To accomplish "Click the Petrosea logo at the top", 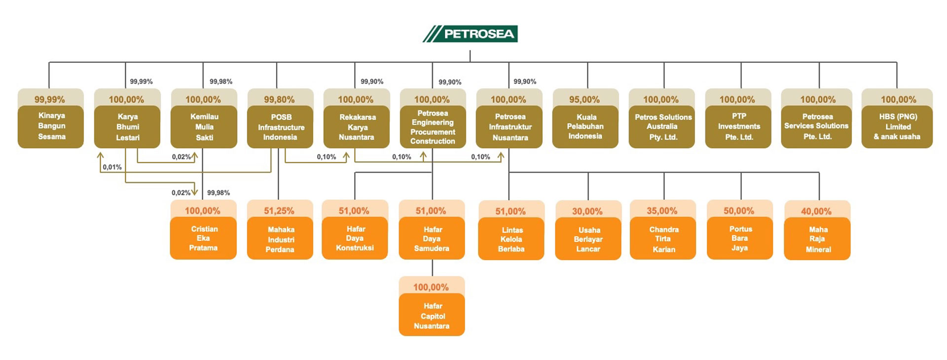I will (470, 34).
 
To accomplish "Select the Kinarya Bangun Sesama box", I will (51, 126).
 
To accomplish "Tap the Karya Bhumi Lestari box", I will (127, 127).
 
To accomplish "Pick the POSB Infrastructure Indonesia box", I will (280, 127).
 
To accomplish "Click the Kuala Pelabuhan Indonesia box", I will (585, 127).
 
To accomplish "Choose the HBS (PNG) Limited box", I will (897, 127).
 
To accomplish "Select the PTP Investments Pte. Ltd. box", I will (738, 127).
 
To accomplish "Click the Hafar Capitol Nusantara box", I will (432, 316).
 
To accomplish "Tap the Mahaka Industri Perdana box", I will (280, 239).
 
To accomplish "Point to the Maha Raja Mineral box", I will (817, 239).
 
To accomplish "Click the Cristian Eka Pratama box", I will (203, 239).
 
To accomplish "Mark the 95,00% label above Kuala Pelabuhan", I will (584, 99).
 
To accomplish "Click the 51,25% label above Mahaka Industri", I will (279, 211).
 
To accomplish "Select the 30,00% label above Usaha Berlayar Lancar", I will (587, 211).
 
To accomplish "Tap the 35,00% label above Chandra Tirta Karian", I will (662, 211).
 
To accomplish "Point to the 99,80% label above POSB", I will (279, 99).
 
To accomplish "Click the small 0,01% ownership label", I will (112, 167).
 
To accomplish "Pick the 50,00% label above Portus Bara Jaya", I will (739, 211).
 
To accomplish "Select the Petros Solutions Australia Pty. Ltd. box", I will (662, 127).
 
